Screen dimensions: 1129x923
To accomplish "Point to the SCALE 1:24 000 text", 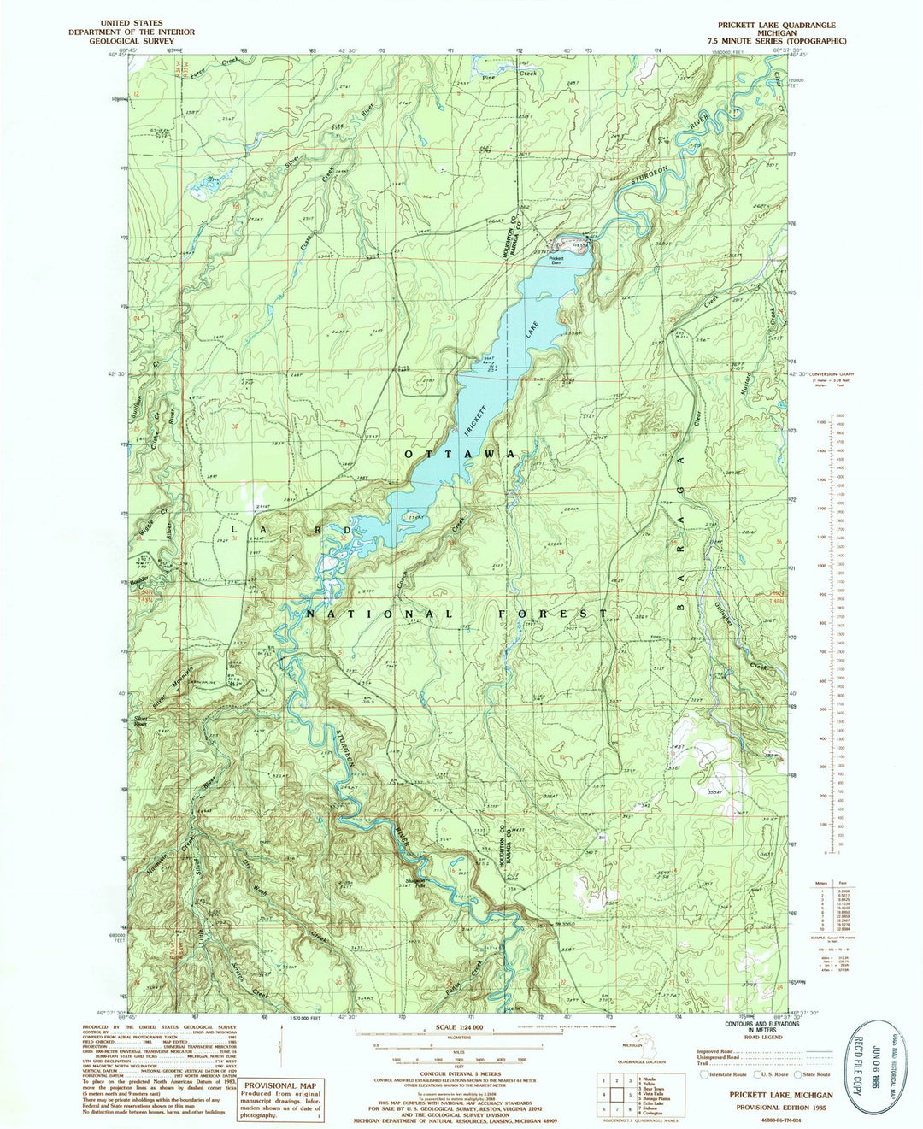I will click(x=459, y=1026).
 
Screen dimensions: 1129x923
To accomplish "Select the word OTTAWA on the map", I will click(x=459, y=454).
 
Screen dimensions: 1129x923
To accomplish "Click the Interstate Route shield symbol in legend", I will click(x=703, y=1074).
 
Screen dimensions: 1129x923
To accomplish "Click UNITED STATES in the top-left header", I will click(x=133, y=24).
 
